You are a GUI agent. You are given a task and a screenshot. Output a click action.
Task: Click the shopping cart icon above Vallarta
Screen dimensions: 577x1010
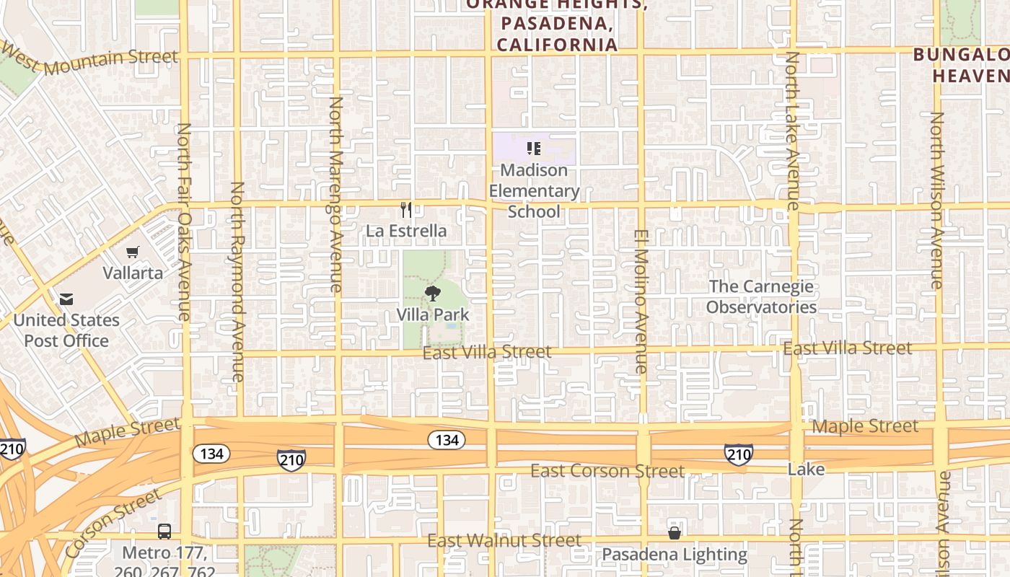point(132,252)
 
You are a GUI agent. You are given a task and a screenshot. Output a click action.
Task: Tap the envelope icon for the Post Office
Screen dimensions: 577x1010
point(66,299)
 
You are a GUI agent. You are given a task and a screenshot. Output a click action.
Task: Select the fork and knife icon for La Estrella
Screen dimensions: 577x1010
point(406,210)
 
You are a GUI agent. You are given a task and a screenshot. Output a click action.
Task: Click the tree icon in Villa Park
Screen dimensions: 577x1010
point(432,294)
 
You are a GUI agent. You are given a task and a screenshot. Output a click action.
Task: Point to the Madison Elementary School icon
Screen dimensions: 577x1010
point(534,149)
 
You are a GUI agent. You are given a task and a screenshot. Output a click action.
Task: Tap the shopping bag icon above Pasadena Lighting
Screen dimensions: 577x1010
point(674,533)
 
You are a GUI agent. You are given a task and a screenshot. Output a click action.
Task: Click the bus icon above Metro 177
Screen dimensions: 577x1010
point(164,532)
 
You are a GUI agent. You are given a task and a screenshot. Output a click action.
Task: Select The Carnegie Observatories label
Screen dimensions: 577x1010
point(761,296)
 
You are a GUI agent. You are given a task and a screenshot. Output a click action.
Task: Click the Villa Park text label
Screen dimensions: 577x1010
point(433,315)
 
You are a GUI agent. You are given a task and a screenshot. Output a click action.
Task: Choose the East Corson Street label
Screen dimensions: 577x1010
point(607,471)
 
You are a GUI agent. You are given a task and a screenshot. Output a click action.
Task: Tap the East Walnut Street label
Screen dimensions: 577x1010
point(504,540)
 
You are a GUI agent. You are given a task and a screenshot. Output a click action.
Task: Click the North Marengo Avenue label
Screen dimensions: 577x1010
point(335,195)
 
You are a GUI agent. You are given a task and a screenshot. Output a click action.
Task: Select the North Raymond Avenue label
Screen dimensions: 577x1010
point(237,281)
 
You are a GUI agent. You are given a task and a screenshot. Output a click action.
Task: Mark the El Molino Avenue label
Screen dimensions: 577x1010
point(641,301)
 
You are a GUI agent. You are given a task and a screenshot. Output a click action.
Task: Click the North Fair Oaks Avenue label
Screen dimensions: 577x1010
point(184,221)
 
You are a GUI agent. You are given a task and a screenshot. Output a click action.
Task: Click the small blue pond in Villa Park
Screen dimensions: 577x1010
point(452,326)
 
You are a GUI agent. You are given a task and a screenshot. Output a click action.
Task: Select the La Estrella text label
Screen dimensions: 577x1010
point(406,232)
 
